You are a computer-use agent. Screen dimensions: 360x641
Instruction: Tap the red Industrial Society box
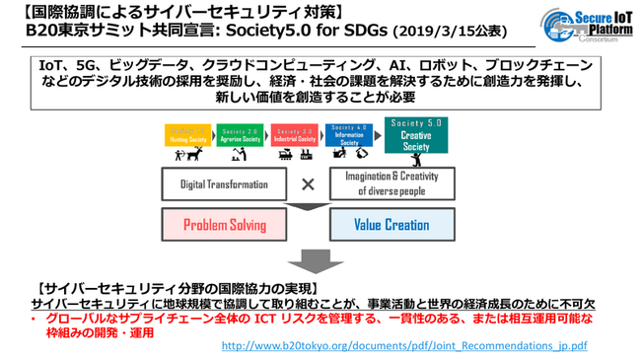coord(293,136)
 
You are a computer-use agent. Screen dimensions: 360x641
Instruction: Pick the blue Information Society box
coord(348,135)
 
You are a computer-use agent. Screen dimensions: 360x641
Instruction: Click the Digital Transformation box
coord(224,183)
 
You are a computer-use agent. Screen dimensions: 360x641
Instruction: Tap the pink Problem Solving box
coord(224,225)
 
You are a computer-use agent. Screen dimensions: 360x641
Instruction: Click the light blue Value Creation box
coord(391,225)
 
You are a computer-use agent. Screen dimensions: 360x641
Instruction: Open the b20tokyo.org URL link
coord(404,346)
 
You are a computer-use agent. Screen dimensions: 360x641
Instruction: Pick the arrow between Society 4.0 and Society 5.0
coord(376,132)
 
